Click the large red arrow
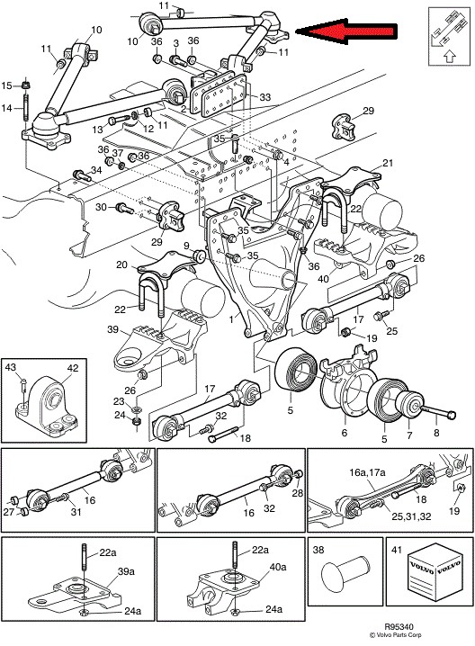346,31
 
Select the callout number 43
11,367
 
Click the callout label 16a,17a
367,472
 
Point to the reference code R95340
399,627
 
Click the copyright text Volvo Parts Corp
395,636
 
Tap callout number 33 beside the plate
264,97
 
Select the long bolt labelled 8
437,411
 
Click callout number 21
388,163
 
